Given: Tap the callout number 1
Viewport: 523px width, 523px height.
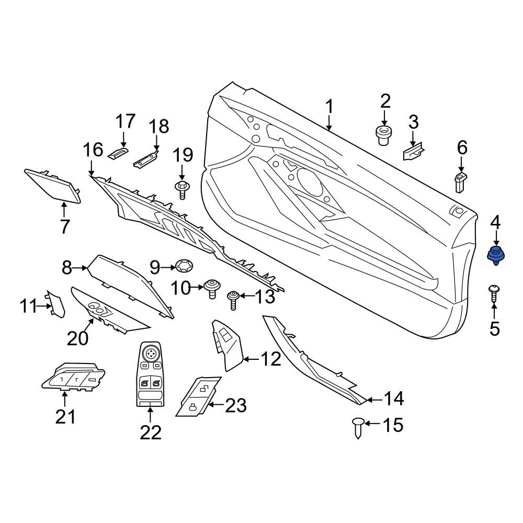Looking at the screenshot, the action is (x=329, y=107).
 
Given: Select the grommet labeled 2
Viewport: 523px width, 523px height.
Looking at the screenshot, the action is (x=384, y=135).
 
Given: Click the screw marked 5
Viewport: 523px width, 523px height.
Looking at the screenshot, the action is (x=494, y=293).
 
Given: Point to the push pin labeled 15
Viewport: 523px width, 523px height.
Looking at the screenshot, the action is (x=357, y=428).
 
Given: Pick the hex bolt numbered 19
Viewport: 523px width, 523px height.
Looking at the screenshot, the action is (x=182, y=190).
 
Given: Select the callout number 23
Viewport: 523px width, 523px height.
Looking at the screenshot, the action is (x=236, y=405).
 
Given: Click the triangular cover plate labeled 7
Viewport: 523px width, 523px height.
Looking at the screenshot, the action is (x=53, y=187).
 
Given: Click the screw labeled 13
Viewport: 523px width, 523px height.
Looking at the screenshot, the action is (x=233, y=300).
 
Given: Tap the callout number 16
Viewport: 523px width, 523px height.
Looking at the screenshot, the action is (x=93, y=150).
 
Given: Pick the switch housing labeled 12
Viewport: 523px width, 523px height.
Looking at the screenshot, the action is (x=226, y=345).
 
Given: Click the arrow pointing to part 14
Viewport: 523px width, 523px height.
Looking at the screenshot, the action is (x=374, y=399).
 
